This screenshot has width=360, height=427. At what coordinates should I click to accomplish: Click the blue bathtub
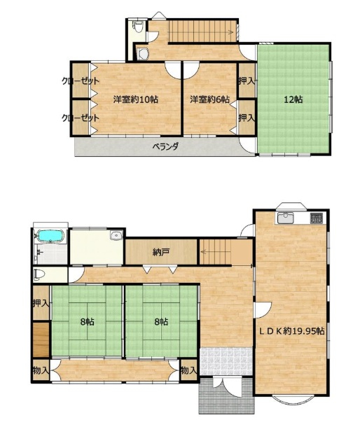(52, 236)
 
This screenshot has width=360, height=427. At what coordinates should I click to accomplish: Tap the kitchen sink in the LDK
(285, 218)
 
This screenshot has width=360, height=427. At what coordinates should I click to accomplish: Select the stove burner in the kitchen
(317, 218)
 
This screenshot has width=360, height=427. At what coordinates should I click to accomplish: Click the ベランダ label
(165, 147)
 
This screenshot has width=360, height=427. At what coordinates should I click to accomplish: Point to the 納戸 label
(161, 253)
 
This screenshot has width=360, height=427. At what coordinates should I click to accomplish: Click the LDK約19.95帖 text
(291, 331)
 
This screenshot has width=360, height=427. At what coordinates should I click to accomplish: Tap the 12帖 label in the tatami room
(293, 99)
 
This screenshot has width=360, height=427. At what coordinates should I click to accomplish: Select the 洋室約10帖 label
(136, 99)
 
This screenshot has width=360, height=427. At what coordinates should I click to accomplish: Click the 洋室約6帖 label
(209, 99)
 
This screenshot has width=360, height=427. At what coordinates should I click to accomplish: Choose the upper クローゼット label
(81, 81)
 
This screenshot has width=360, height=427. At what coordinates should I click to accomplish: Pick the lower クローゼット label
(81, 118)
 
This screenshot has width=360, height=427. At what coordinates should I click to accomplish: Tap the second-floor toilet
(138, 27)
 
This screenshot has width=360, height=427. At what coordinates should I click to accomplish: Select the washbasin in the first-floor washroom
(117, 235)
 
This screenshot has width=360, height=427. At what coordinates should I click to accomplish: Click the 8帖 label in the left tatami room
(88, 321)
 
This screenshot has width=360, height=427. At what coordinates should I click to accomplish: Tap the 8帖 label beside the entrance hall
(161, 321)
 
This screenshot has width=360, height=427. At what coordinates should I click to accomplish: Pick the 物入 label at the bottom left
(41, 370)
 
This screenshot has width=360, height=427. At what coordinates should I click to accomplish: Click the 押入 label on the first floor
(41, 303)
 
